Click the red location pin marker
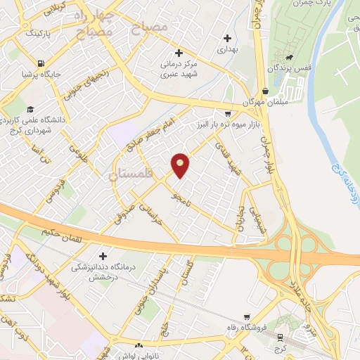pyautogui.click(x=181, y=165)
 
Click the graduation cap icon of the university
pyautogui.click(x=30, y=109)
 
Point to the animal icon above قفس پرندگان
pyautogui.click(x=288, y=56)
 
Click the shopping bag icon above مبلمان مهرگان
pyautogui.click(x=264, y=91)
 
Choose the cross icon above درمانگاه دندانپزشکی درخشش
pyautogui.click(x=103, y=257)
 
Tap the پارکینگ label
pyautogui.click(x=39, y=33)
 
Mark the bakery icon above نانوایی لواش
pyautogui.click(x=139, y=346)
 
